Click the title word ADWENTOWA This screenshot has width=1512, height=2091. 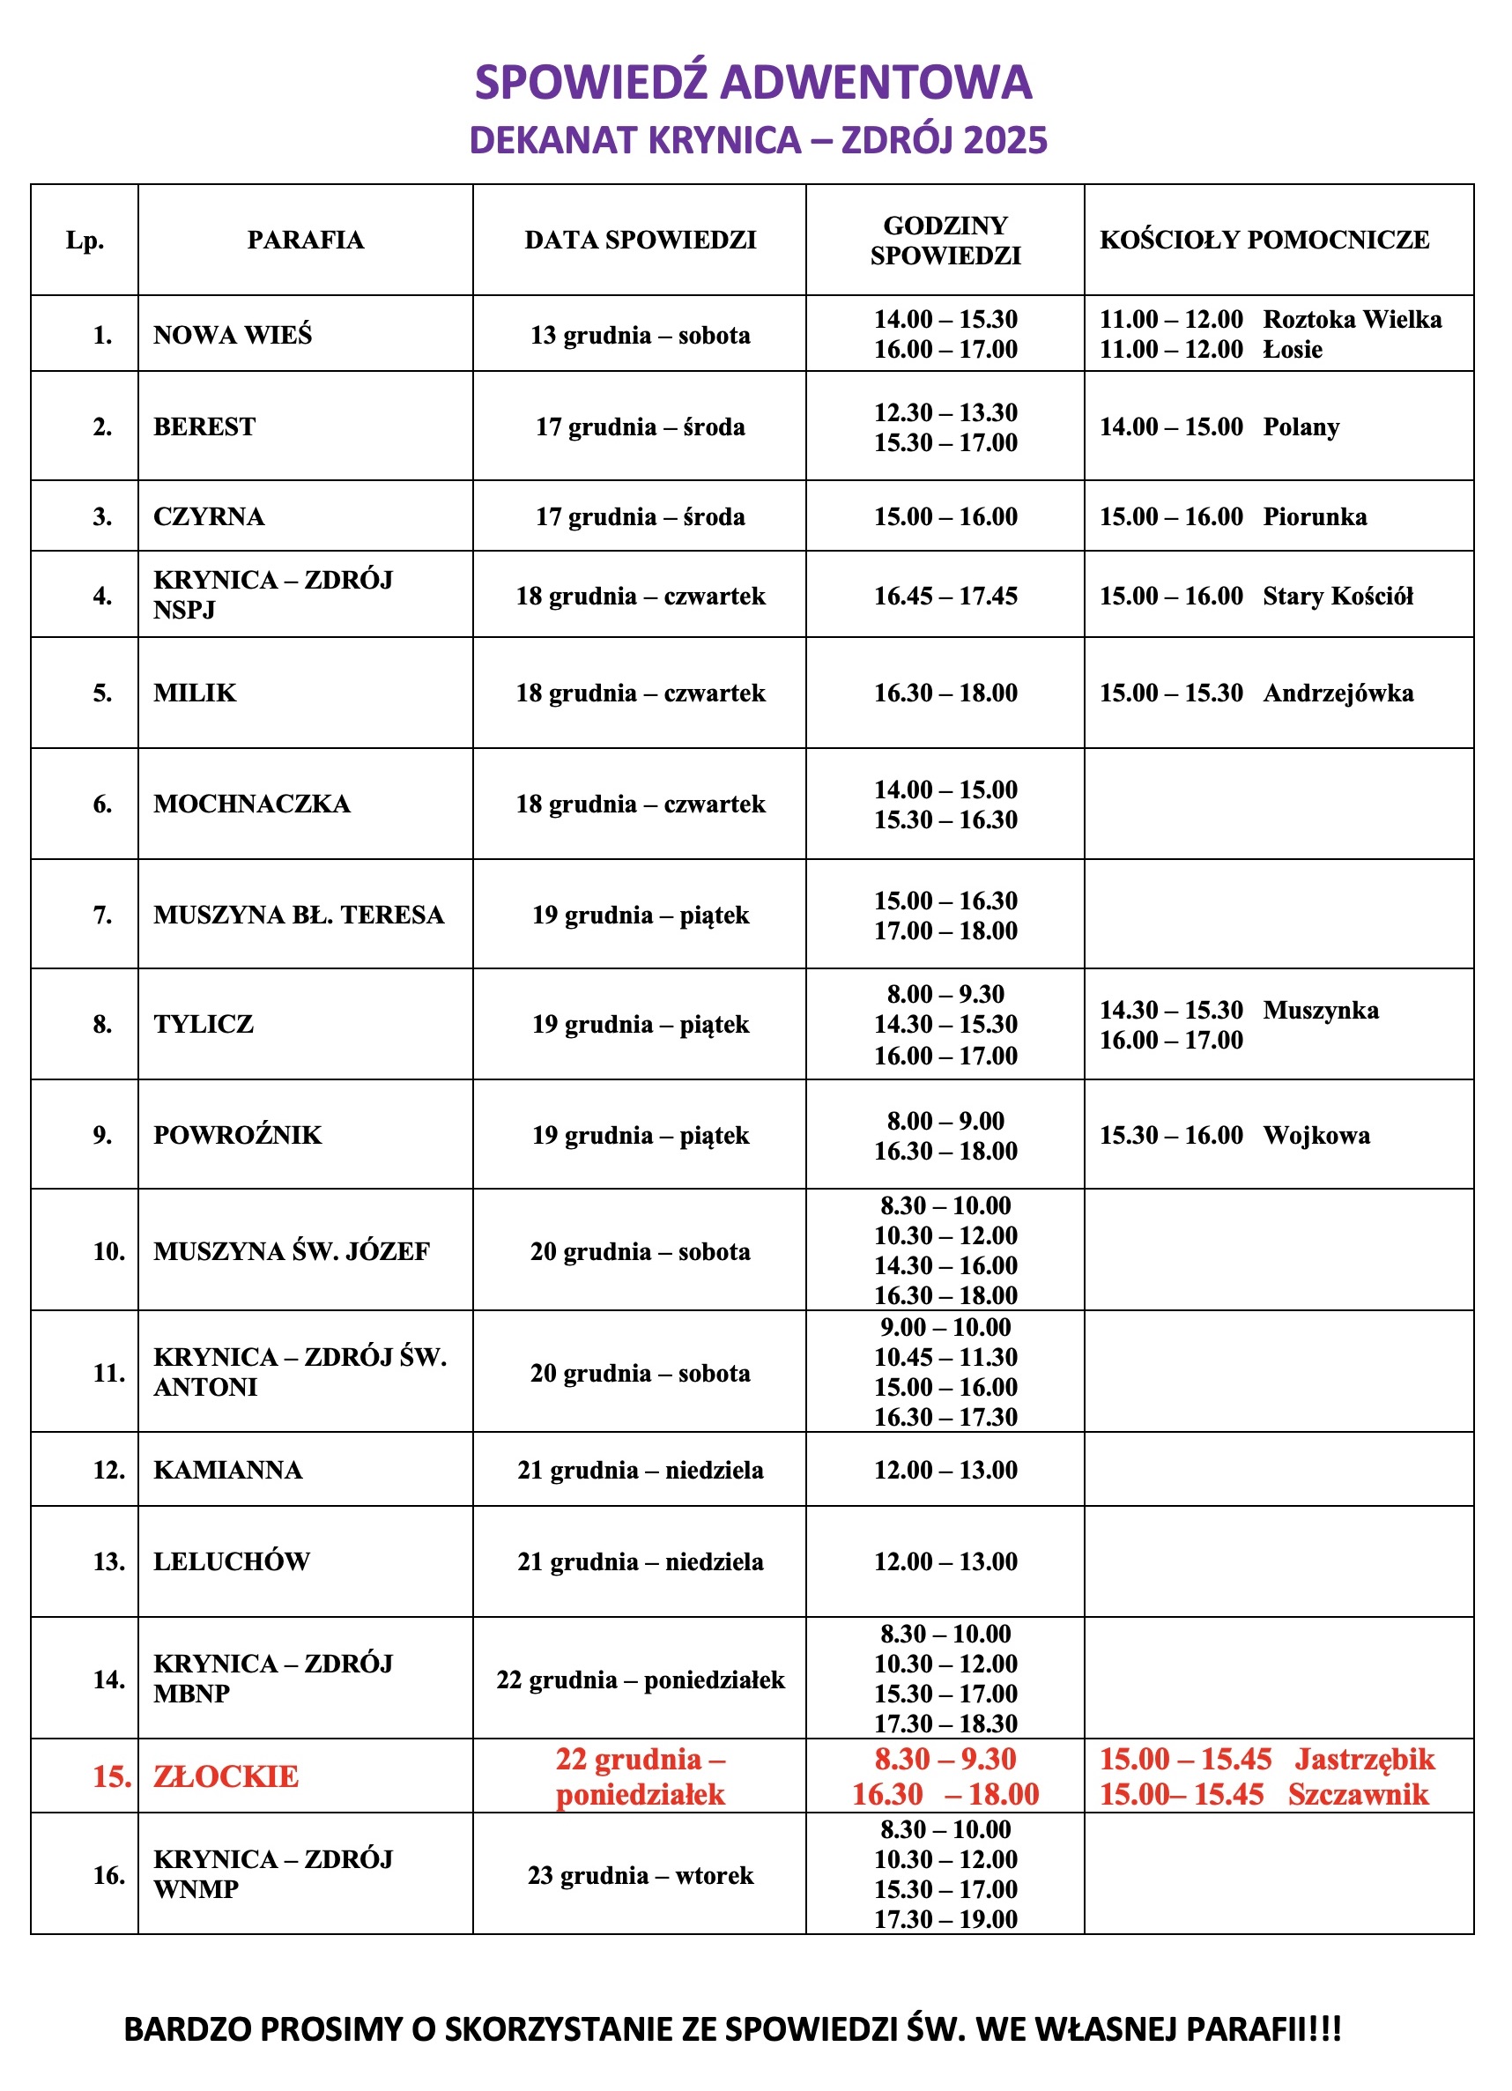click(876, 82)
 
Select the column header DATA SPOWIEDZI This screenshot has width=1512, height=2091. click(640, 240)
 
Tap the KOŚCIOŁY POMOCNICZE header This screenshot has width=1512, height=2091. click(1264, 240)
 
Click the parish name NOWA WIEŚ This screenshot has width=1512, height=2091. click(233, 335)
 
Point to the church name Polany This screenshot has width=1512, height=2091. click(1301, 426)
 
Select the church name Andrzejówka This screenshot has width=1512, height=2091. click(1338, 693)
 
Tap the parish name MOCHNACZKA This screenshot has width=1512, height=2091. click(252, 804)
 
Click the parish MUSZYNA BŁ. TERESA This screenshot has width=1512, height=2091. click(299, 915)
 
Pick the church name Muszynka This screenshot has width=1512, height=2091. click(1320, 1010)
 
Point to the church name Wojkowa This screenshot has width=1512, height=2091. click(1316, 1135)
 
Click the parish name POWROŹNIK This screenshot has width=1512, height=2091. click(238, 1135)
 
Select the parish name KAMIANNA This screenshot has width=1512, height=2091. click(227, 1470)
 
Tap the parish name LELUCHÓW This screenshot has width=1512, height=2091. click(232, 1561)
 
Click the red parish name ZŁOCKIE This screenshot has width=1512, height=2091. click(226, 1776)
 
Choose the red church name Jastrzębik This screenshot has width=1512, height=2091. click(1365, 1759)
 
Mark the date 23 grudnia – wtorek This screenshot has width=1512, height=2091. click(640, 1875)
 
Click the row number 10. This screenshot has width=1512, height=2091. click(108, 1251)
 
